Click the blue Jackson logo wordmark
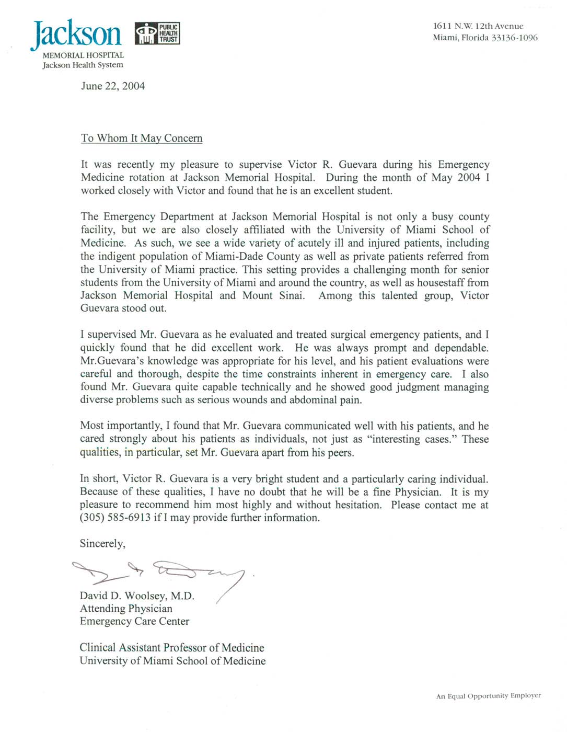(x=77, y=34)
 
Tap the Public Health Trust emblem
(x=157, y=33)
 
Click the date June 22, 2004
(x=113, y=86)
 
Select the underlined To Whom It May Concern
(x=142, y=139)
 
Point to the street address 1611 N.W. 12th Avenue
(x=478, y=26)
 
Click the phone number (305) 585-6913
(x=115, y=518)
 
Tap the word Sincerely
(x=102, y=544)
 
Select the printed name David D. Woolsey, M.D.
(x=137, y=596)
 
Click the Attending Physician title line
(x=126, y=609)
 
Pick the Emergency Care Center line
(x=134, y=622)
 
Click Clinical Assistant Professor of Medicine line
(x=172, y=648)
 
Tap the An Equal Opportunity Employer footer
(x=488, y=696)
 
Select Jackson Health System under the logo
(x=83, y=65)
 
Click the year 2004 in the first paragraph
(x=469, y=178)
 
